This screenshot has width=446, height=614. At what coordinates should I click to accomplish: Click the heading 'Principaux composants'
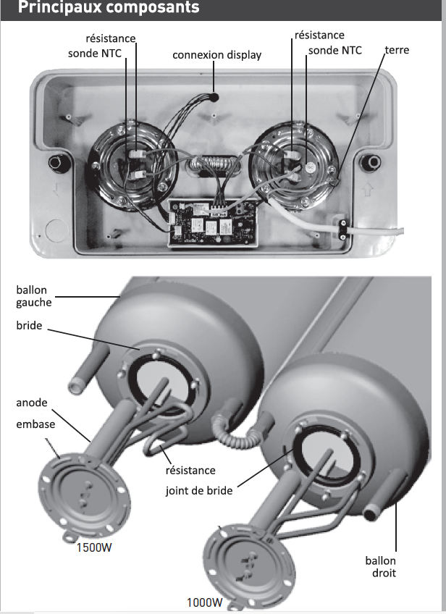coord(108,9)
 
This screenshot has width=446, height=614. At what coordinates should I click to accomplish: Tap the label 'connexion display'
coord(217,55)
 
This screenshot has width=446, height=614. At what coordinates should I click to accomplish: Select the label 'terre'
coord(397,50)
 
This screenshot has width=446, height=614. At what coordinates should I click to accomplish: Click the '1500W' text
coord(94,547)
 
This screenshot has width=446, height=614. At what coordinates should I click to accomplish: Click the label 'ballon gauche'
coord(32,296)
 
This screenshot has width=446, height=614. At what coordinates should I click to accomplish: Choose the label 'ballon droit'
coord(381,566)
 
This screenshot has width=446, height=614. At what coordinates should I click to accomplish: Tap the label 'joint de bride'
coord(199,491)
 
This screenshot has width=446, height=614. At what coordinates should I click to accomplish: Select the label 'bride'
coord(29,327)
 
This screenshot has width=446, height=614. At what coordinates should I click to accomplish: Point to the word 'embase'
coord(35,424)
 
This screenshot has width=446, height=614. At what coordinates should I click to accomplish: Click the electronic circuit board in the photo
coord(209,221)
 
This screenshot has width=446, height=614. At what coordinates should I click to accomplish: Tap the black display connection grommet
coord(215,95)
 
